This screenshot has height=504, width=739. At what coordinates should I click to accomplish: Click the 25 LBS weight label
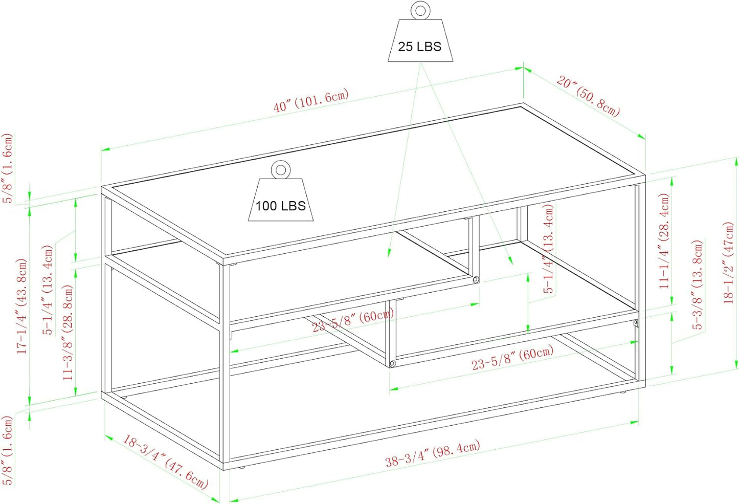click(419, 47)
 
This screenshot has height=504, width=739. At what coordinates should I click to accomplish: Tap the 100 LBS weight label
click(281, 206)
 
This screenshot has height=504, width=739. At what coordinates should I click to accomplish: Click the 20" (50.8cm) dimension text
click(588, 96)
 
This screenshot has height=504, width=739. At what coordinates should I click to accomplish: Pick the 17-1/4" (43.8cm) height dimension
click(22, 306)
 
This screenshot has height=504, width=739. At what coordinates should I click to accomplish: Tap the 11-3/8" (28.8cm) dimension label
click(68, 333)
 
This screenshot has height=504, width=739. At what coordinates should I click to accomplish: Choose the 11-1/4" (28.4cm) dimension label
click(664, 241)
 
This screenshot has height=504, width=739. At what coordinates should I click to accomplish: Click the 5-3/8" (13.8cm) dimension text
click(697, 284)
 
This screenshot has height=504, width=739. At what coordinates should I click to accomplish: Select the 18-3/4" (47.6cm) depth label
click(165, 462)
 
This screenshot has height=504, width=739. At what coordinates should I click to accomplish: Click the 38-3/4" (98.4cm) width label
click(433, 453)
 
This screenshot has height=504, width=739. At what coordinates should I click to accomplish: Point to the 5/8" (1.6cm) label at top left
click(7, 168)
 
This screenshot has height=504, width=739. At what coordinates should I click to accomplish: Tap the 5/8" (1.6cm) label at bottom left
click(7, 450)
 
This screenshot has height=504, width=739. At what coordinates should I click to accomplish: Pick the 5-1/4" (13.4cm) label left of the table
click(48, 290)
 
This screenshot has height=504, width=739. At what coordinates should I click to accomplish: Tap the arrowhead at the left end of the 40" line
click(105, 149)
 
